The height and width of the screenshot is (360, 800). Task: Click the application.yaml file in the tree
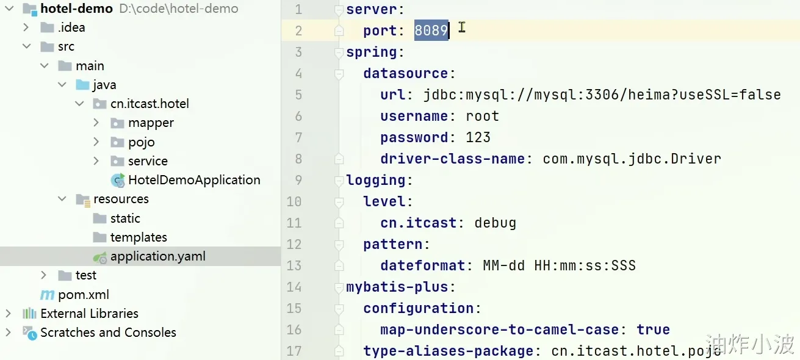pyautogui.click(x=157, y=256)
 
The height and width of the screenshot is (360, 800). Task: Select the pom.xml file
pyautogui.click(x=83, y=295)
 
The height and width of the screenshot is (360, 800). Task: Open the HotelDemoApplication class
pyautogui.click(x=193, y=180)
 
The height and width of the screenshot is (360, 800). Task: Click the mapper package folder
pyautogui.click(x=150, y=123)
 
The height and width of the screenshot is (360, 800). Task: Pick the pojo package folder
pyautogui.click(x=141, y=142)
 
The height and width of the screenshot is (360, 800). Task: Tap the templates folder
pyautogui.click(x=138, y=237)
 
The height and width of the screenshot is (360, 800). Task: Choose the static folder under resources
pyautogui.click(x=124, y=218)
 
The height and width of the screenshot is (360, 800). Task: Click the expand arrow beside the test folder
pyautogui.click(x=44, y=275)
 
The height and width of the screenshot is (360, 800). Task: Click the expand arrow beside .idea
pyautogui.click(x=26, y=27)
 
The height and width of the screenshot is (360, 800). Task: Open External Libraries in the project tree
pyautogui.click(x=89, y=314)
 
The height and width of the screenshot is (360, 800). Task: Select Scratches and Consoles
pyautogui.click(x=107, y=333)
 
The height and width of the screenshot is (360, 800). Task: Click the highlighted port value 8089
pyautogui.click(x=431, y=31)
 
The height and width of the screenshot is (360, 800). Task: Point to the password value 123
pyautogui.click(x=478, y=137)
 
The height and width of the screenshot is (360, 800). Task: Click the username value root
pyautogui.click(x=482, y=116)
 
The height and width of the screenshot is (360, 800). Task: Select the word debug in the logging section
pyautogui.click(x=495, y=223)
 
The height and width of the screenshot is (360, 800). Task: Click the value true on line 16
pyautogui.click(x=653, y=329)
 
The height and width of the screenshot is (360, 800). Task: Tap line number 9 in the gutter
pyautogui.click(x=298, y=180)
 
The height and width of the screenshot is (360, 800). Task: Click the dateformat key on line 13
pyautogui.click(x=423, y=265)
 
